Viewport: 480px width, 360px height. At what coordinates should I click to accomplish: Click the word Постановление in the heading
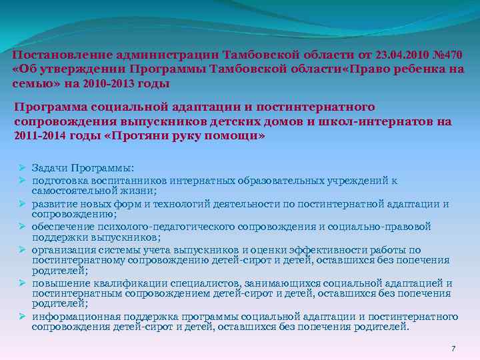51,54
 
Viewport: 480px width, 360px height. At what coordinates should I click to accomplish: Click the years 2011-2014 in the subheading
38,136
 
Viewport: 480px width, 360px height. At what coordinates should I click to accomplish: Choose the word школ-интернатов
381,121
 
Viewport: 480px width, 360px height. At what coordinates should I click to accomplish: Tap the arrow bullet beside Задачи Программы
21,168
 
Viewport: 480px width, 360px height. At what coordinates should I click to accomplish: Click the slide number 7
453,349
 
